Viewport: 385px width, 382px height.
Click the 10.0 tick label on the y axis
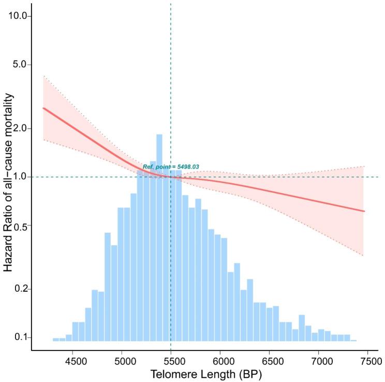tap(20, 16)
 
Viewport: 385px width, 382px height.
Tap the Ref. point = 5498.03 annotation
tap(171, 167)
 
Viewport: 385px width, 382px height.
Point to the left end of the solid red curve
tap(43, 108)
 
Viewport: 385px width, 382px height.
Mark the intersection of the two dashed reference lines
tap(171, 177)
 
